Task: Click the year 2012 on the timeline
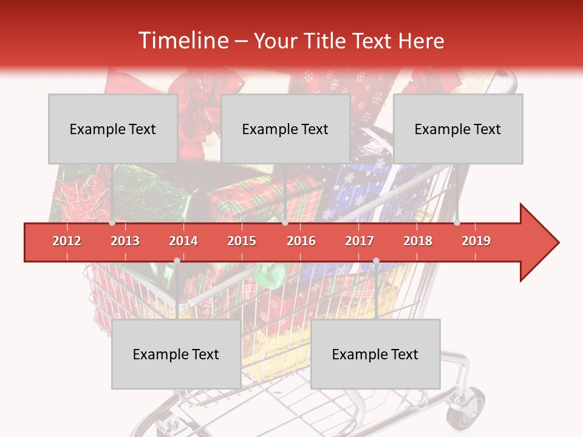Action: (67, 241)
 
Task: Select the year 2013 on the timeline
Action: (125, 241)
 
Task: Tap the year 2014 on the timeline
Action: (183, 241)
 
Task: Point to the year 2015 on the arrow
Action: (242, 241)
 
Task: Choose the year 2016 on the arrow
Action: (301, 241)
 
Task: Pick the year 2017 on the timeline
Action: (360, 241)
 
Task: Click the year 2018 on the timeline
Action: (418, 241)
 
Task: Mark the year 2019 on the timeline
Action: (476, 241)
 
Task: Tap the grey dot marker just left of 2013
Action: (112, 223)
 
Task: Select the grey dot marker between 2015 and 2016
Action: (285, 223)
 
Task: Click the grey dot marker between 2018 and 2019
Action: (457, 223)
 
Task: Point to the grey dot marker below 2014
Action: (177, 261)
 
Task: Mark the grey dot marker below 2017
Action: (376, 261)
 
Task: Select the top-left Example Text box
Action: (113, 129)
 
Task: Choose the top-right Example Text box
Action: (458, 129)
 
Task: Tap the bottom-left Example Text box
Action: (176, 354)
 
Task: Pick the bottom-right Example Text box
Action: (375, 354)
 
